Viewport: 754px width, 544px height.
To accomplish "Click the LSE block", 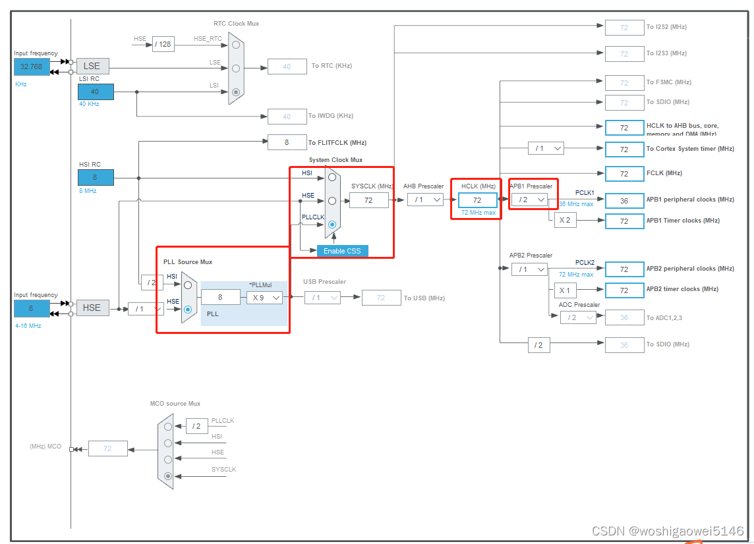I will (92, 66).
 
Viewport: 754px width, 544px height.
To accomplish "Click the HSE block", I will (92, 308).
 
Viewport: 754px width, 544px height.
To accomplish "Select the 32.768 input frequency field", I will (31, 67).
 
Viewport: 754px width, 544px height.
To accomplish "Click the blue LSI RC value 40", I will (95, 92).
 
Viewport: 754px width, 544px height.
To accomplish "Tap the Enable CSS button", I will (342, 251).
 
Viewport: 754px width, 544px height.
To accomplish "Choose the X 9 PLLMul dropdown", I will (265, 297).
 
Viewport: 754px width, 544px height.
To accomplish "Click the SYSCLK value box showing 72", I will (368, 200).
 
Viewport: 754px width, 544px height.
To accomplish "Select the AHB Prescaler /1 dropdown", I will (424, 200).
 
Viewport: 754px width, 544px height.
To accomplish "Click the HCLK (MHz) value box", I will (477, 200).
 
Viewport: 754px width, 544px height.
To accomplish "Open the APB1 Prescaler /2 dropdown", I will (529, 200).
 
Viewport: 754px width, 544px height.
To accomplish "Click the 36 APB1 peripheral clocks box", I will (624, 200).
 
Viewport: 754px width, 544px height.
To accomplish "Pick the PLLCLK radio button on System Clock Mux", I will (332, 225).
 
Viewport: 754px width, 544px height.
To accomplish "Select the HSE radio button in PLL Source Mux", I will (188, 309).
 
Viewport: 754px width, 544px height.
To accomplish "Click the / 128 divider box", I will (163, 45).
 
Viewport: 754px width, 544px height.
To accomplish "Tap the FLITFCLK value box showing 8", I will (287, 142).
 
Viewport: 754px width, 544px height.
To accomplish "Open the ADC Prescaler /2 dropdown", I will (577, 317).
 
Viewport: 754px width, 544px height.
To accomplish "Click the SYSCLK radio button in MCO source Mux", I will (168, 476).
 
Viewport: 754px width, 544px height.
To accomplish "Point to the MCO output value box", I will (107, 449).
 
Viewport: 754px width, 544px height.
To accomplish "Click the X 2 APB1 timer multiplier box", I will (565, 221).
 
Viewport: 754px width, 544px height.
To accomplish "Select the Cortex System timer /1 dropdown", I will (545, 149).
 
